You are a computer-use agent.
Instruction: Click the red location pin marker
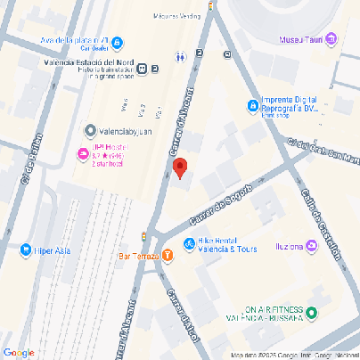pyautogui.click(x=179, y=167)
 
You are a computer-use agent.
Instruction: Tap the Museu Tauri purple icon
pyautogui.click(x=331, y=38)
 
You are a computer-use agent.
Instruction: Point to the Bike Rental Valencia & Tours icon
pyautogui.click(x=189, y=244)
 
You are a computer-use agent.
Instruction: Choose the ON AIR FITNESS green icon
pyautogui.click(x=312, y=312)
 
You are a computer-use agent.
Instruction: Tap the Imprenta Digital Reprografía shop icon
pyautogui.click(x=252, y=106)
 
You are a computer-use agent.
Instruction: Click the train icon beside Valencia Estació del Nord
pyautogui.click(x=155, y=70)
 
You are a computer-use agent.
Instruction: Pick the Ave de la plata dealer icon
pyautogui.click(x=118, y=41)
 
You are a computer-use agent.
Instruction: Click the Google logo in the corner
pyautogui.click(x=19, y=353)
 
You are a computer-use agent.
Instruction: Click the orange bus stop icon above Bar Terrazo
pyautogui.click(x=144, y=235)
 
